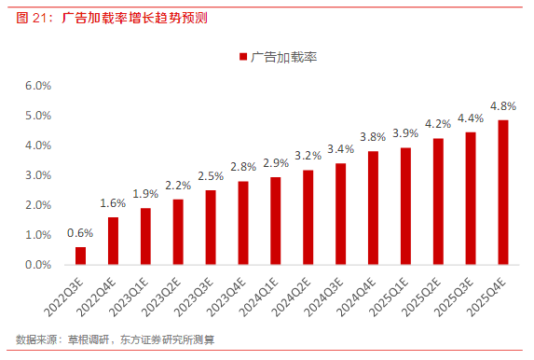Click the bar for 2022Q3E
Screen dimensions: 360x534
point(80,256)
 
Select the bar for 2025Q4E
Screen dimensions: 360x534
point(503,192)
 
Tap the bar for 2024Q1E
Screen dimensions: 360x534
point(276,221)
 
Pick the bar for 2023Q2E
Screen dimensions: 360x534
point(178,232)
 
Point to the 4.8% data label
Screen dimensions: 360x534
point(503,106)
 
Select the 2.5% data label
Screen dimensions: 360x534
point(211,176)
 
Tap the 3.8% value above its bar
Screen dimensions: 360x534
point(373,137)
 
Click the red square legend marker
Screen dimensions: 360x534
point(244,57)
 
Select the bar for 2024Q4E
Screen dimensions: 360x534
point(373,208)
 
